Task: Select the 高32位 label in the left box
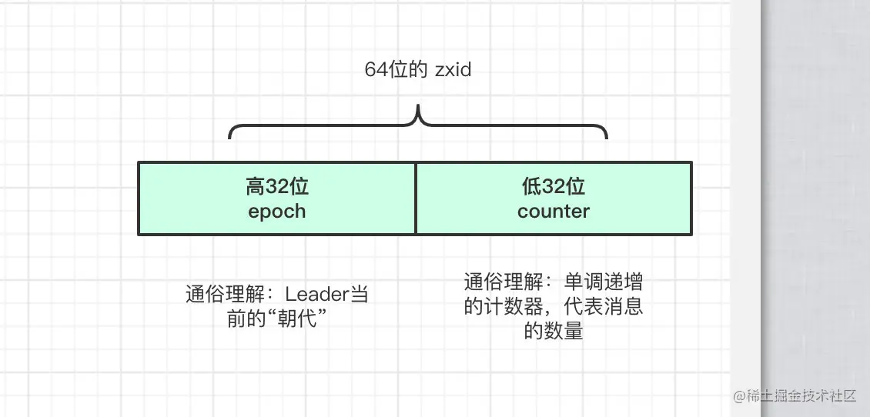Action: (277, 186)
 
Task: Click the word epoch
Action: (277, 211)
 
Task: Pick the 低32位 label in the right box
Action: (554, 186)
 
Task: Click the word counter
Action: (554, 211)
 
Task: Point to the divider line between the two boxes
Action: (416, 198)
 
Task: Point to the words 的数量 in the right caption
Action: (554, 332)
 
